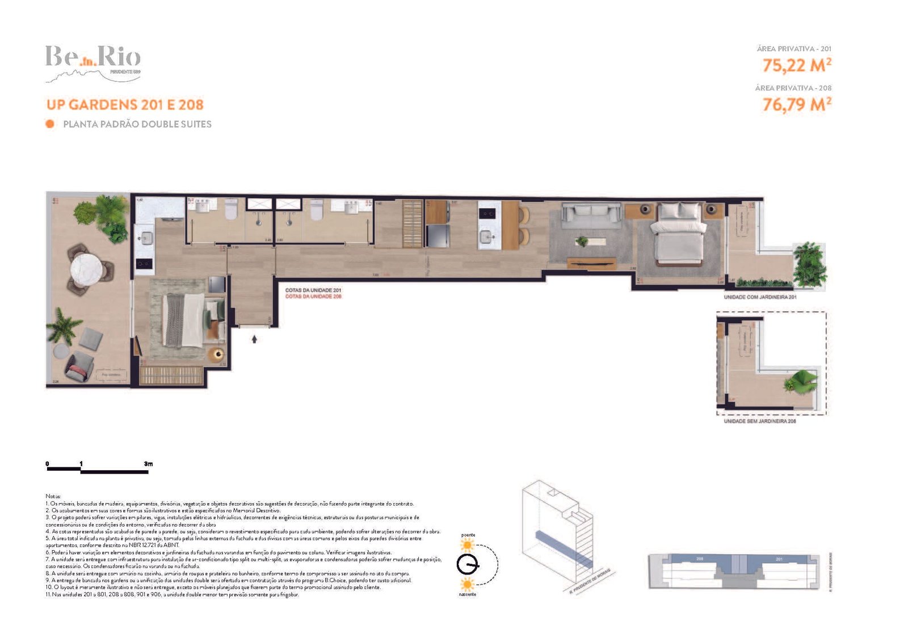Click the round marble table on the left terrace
click(x=87, y=267)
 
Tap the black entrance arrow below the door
click(x=254, y=339)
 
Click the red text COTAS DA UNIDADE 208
click(x=313, y=297)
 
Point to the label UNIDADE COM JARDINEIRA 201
click(x=760, y=297)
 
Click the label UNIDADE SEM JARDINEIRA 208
click(x=760, y=421)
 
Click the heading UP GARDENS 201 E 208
click(x=125, y=105)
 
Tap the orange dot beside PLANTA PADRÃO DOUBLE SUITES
click(x=50, y=124)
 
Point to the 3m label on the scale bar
click(x=148, y=464)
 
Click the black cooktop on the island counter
click(x=487, y=214)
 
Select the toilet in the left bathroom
click(x=231, y=210)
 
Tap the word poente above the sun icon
click(x=468, y=535)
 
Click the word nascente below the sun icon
click(x=468, y=594)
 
